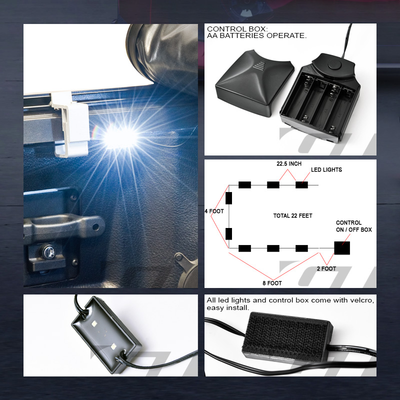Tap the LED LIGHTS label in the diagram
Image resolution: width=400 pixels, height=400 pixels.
(x=326, y=170)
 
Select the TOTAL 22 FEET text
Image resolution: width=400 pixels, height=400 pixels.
(x=292, y=216)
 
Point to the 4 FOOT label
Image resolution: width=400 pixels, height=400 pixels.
(x=213, y=211)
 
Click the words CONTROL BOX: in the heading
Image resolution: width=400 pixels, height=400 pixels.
(x=230, y=29)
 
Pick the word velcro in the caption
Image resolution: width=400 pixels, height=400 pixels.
(x=362, y=300)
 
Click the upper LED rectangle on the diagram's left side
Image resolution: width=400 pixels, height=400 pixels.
(x=229, y=198)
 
